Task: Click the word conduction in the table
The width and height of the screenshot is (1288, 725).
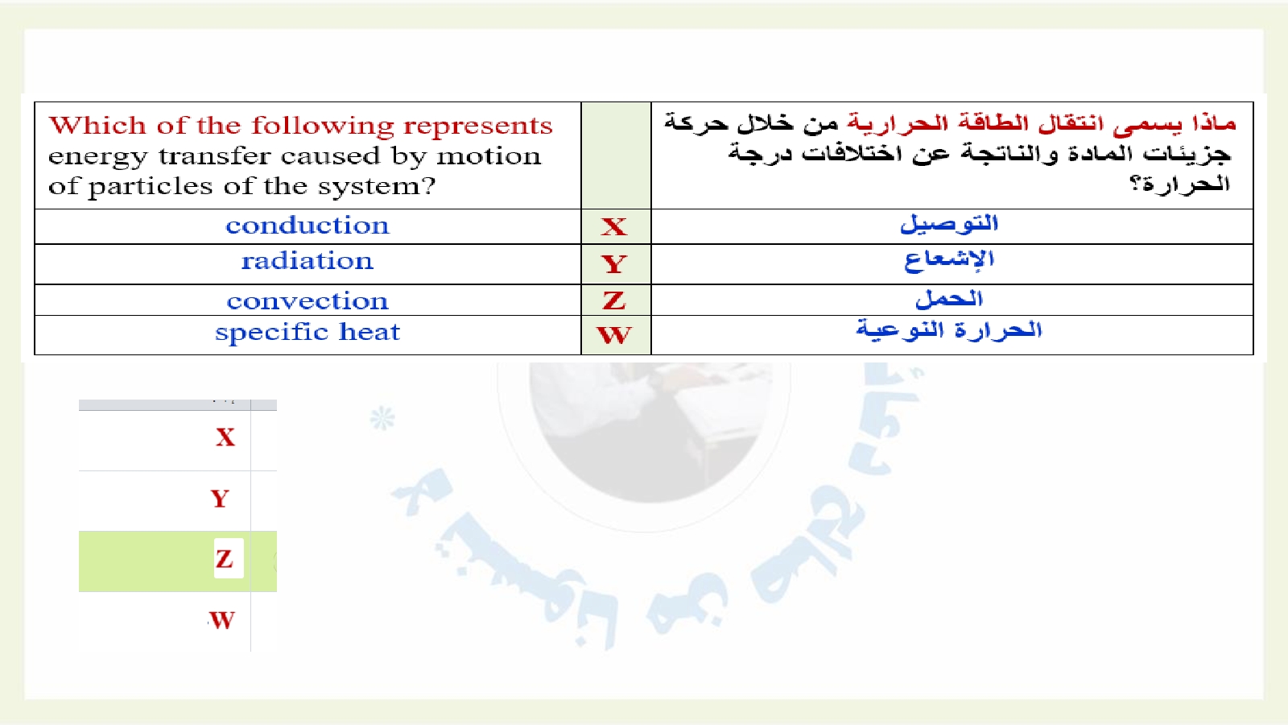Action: tap(307, 226)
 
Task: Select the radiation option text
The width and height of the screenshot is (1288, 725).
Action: tap(307, 261)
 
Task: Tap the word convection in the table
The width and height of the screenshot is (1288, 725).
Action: tap(307, 301)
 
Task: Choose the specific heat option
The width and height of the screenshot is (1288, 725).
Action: tap(307, 333)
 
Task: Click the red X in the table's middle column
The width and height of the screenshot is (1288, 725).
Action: tap(614, 226)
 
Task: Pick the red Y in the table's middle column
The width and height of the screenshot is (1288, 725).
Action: tap(614, 264)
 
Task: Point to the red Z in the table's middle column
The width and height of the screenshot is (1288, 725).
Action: tap(614, 300)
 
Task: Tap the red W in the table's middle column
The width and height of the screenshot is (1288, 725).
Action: tap(614, 335)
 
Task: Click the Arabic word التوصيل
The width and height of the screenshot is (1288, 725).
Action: tap(949, 223)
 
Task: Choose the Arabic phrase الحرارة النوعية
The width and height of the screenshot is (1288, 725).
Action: tap(949, 330)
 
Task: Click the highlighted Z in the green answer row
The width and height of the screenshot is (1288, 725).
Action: tap(225, 559)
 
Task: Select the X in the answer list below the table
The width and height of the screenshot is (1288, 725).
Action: tap(225, 437)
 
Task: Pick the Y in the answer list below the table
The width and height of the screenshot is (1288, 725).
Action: tap(221, 499)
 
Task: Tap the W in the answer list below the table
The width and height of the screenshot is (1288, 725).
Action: tap(222, 620)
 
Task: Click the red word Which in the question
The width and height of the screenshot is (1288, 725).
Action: tap(97, 126)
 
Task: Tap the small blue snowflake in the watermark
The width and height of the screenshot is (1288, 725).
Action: tap(382, 418)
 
